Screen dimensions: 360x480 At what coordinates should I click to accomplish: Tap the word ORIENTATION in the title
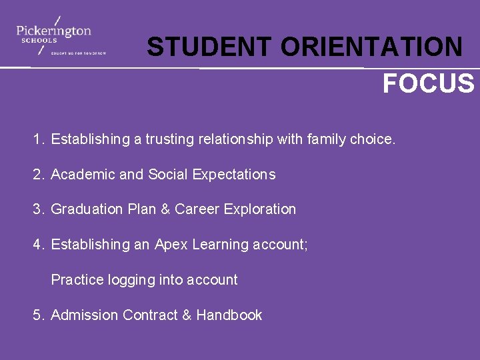(x=371, y=47)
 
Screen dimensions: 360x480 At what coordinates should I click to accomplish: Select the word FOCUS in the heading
(x=428, y=84)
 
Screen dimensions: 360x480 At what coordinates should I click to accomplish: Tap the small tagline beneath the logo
(x=79, y=53)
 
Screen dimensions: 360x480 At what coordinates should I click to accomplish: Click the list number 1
(x=38, y=139)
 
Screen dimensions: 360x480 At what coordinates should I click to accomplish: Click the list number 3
(x=38, y=209)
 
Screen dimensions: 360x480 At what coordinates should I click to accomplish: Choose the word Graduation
(x=85, y=209)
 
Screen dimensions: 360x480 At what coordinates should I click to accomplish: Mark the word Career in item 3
(x=197, y=209)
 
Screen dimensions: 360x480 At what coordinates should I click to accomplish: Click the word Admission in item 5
(x=85, y=315)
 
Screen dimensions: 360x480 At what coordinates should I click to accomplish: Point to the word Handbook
(x=229, y=315)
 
